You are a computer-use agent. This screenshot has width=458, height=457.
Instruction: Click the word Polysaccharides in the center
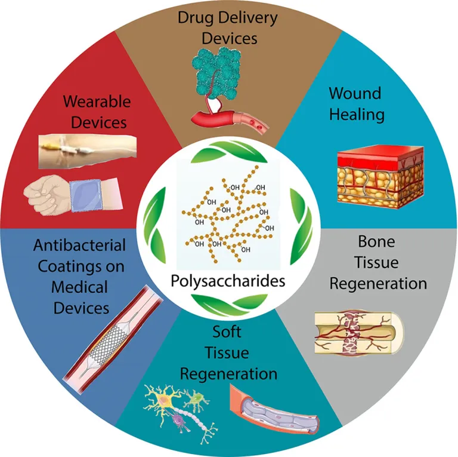point(228,281)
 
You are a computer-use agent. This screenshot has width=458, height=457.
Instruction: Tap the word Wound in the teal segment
point(355,93)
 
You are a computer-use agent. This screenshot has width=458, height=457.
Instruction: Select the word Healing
point(357,114)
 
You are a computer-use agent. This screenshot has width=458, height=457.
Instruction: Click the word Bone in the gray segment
point(376,241)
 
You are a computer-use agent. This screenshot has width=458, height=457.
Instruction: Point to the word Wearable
point(97,102)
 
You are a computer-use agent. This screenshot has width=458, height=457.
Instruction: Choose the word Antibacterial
point(79,245)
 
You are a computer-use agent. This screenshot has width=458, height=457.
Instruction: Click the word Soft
point(227,332)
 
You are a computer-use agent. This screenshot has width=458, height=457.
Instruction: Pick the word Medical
point(79,287)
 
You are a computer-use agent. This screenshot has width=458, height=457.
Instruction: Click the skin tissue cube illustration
point(380,177)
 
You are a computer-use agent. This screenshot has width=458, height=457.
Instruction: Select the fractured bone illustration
point(359,333)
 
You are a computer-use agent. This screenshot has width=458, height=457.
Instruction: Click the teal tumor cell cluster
point(216,73)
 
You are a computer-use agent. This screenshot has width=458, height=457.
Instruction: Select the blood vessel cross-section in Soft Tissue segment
point(273,409)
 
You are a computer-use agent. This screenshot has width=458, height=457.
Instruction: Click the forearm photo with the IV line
point(88,151)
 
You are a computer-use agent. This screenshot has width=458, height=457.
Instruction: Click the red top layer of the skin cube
point(380,158)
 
